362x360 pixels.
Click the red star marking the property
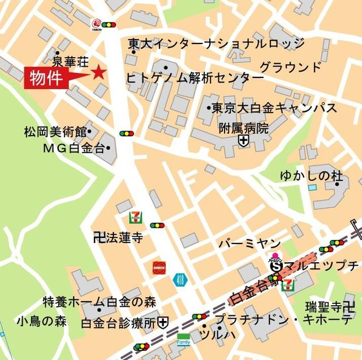(x=99, y=72)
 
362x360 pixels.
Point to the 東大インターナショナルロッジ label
(x=216, y=43)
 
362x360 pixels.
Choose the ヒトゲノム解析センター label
(x=195, y=78)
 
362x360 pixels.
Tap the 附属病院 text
(x=244, y=128)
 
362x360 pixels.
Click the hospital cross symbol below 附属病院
(x=243, y=141)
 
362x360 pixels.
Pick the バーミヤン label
(x=249, y=244)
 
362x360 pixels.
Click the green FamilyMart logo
(x=183, y=339)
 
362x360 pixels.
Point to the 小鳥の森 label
(x=41, y=322)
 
